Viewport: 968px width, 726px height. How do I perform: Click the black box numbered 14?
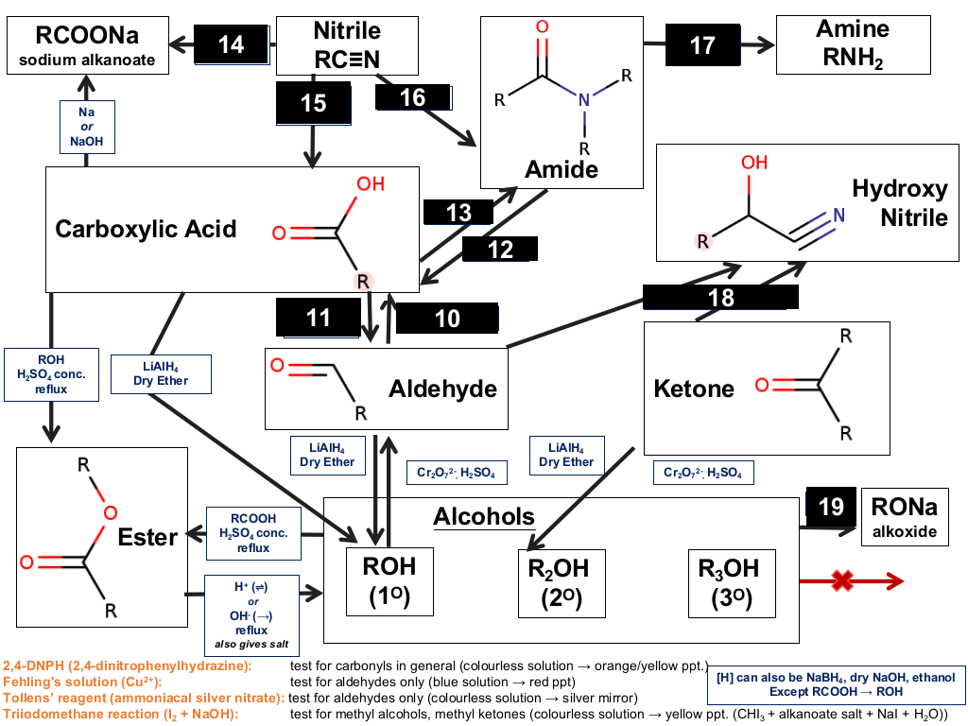tap(232, 44)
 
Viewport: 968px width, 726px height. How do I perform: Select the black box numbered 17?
tap(702, 45)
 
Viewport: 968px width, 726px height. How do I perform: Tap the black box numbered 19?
tap(831, 507)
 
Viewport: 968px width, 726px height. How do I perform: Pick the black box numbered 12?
tap(500, 250)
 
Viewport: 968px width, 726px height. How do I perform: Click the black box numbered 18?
tap(720, 298)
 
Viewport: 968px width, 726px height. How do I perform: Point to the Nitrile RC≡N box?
tap(347, 45)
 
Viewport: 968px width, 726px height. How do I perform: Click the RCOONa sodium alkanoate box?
tap(88, 45)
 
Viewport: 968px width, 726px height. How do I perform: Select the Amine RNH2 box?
tap(854, 44)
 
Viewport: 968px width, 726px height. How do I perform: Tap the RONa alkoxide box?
tap(905, 517)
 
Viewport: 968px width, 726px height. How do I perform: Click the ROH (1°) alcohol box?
tap(389, 581)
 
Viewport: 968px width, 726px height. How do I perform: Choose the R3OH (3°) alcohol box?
tap(732, 583)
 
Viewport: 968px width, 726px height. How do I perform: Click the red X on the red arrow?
tap(842, 580)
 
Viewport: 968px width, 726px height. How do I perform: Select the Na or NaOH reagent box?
tap(87, 127)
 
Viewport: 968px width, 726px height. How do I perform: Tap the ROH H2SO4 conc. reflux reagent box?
tap(51, 374)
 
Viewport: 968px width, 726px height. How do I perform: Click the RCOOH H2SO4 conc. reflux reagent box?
tap(253, 533)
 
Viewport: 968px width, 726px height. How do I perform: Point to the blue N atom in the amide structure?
tap(583, 99)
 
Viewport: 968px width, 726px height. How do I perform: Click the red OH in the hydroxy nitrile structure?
tap(754, 163)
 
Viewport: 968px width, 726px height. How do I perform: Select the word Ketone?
tap(694, 389)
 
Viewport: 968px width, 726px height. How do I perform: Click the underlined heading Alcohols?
tap(484, 517)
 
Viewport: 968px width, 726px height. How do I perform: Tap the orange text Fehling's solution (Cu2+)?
tap(82, 682)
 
